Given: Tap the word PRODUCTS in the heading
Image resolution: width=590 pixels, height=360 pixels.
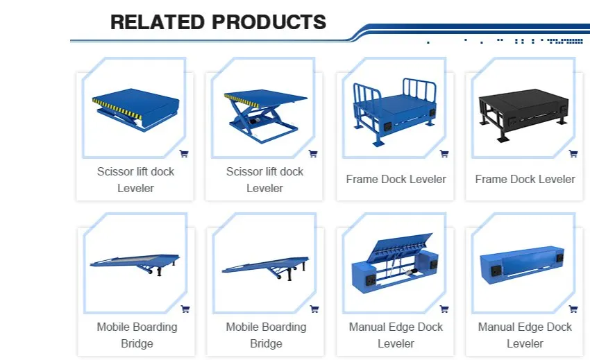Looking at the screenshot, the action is click(x=269, y=22).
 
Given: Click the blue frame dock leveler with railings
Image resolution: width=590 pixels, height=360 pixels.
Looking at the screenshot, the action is click(x=394, y=112).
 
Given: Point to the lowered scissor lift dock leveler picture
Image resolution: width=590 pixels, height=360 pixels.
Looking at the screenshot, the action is click(x=135, y=110).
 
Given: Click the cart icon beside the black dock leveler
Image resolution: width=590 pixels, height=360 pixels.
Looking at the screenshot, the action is click(x=573, y=153).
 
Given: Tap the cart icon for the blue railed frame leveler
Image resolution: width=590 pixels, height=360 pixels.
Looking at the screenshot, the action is click(x=444, y=153).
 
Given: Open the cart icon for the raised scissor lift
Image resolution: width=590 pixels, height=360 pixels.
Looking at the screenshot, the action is click(x=313, y=153).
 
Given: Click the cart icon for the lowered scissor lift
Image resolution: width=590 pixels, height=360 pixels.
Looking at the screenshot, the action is click(x=184, y=153).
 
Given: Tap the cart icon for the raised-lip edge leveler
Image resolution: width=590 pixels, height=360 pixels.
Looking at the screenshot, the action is click(x=444, y=309).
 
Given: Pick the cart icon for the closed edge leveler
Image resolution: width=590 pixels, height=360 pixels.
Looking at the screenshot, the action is click(x=573, y=309).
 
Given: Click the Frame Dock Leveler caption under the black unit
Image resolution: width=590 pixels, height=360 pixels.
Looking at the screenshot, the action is click(x=525, y=180).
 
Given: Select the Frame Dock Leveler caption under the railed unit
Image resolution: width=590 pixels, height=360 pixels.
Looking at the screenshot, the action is click(x=396, y=180).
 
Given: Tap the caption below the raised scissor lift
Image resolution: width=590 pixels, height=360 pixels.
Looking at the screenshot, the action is click(x=264, y=180).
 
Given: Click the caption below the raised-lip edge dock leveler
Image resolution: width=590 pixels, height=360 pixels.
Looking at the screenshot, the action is click(x=396, y=335).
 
